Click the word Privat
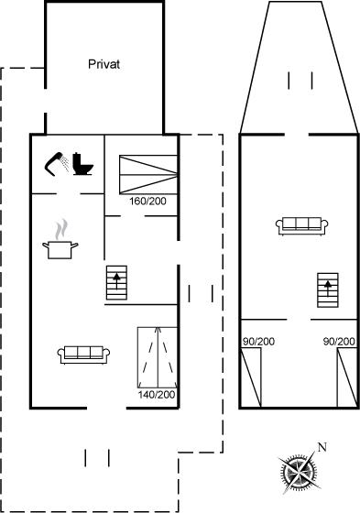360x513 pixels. tap(104, 64)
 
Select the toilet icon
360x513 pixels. tap(83, 164)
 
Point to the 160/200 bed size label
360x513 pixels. tap(147, 202)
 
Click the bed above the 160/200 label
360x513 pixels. tap(148, 175)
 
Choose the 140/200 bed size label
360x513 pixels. tap(157, 395)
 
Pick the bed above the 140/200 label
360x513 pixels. tap(158, 357)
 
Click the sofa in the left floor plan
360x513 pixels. tap(83, 355)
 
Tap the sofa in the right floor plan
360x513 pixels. tap(302, 226)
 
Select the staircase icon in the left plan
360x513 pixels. tap(116, 283)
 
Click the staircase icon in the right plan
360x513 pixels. tap(328, 290)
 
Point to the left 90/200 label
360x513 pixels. tap(258, 342)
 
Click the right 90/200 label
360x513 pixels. tap(339, 342)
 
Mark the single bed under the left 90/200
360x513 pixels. tap(251, 377)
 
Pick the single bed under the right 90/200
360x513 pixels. tap(347, 377)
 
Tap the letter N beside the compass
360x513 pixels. tap(322, 447)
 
